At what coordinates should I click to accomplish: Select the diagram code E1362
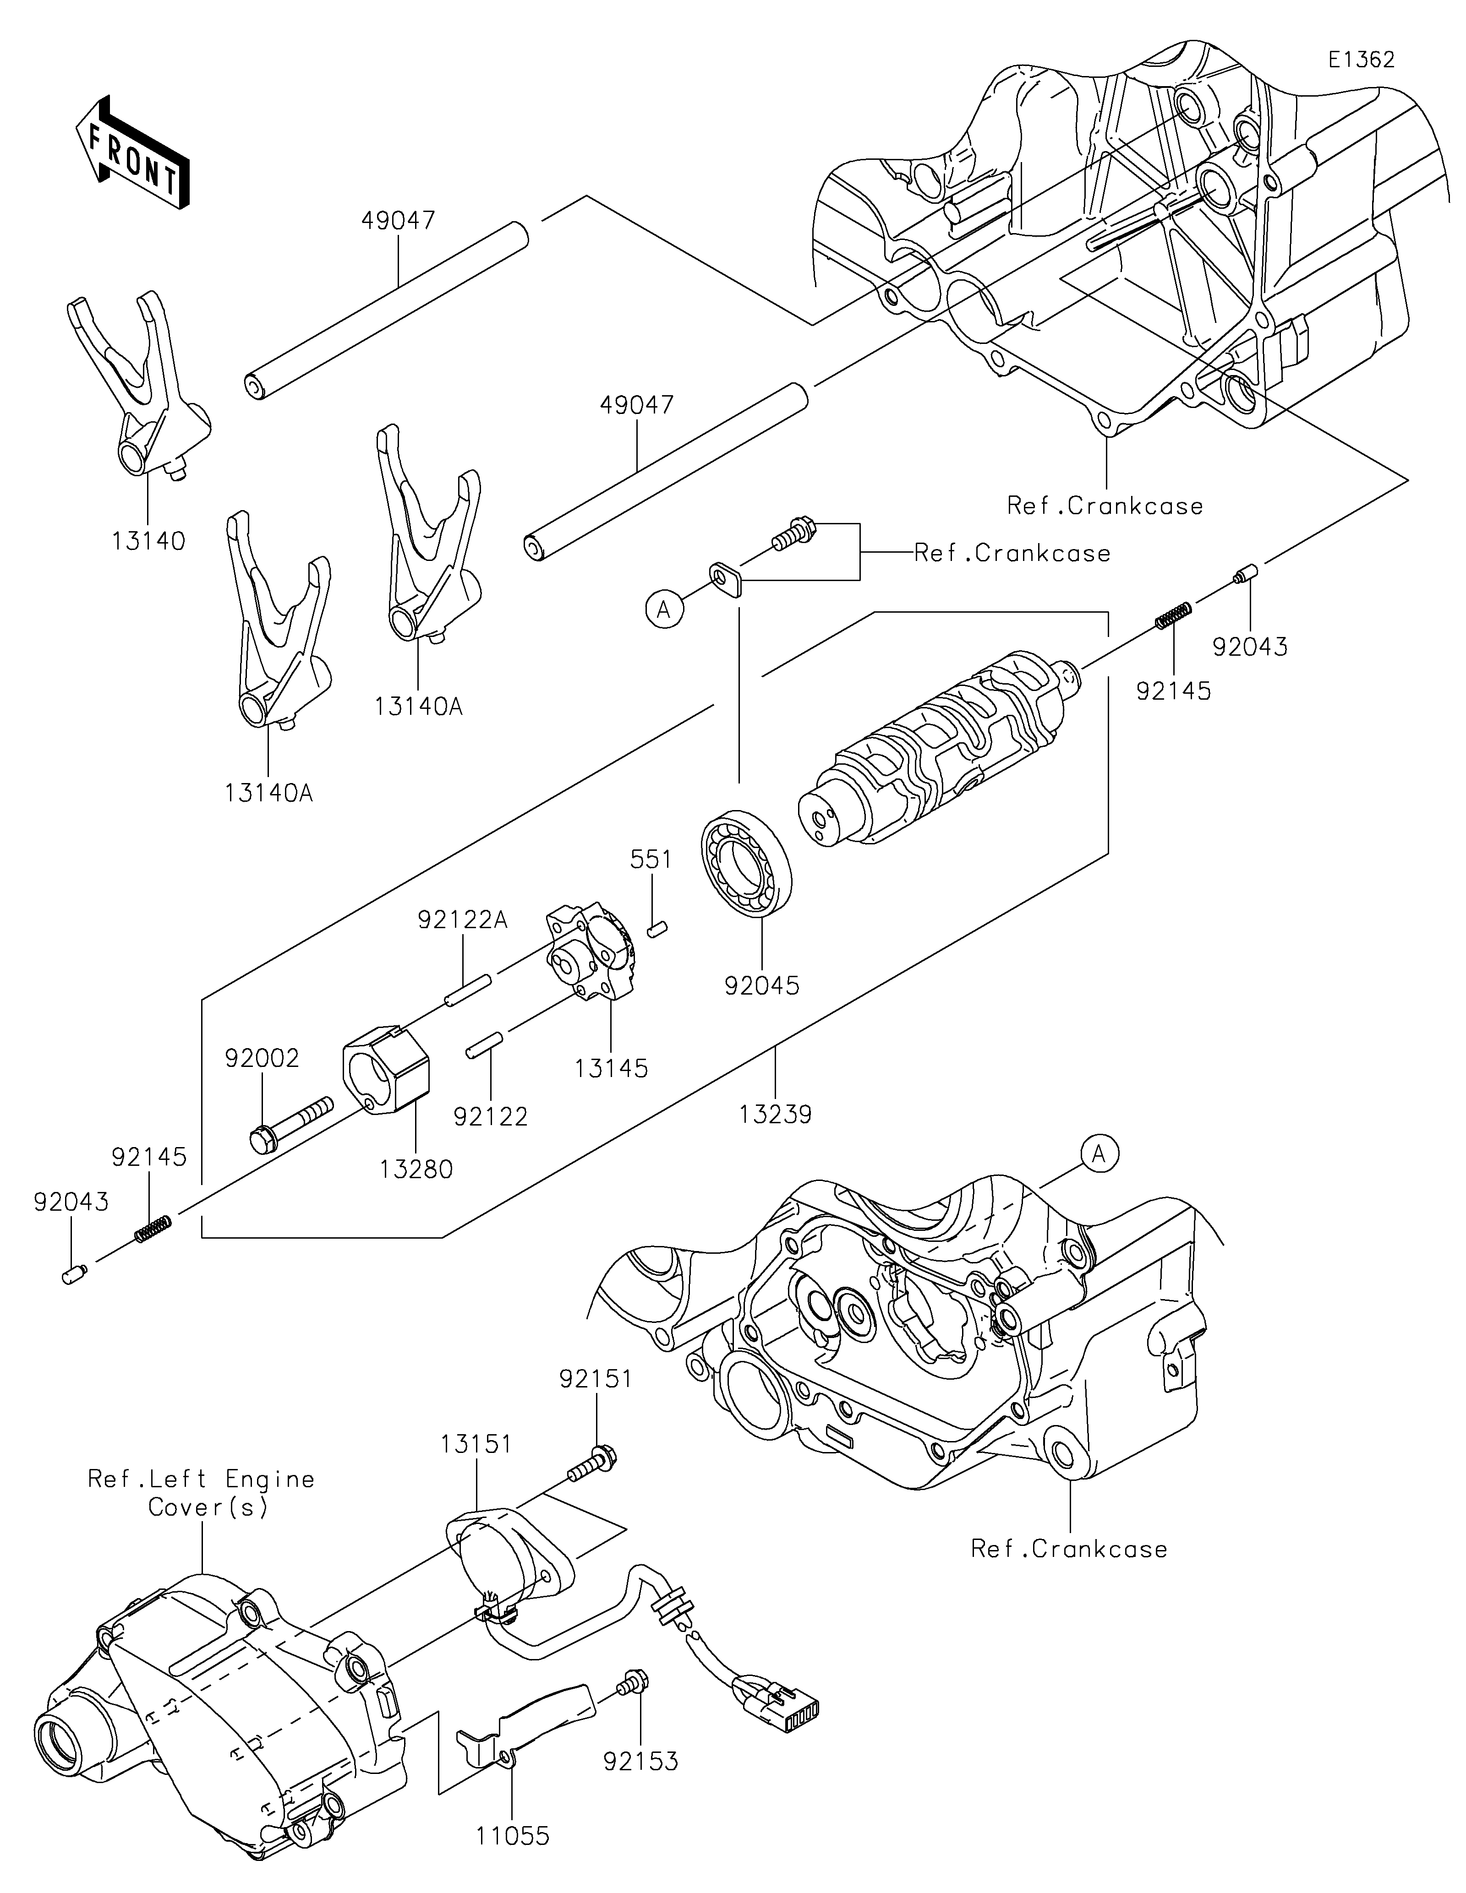pyautogui.click(x=1361, y=60)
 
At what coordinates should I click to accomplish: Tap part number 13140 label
pyautogui.click(x=148, y=542)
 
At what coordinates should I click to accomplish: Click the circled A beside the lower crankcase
pyautogui.click(x=1099, y=1153)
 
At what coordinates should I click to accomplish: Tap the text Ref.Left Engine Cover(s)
pyautogui.click(x=201, y=1493)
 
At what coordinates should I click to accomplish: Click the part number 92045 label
pyautogui.click(x=762, y=985)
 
